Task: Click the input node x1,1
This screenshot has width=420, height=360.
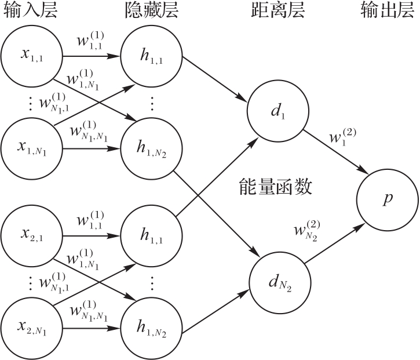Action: [x=32, y=56]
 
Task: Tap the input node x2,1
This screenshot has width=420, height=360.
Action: [x=32, y=236]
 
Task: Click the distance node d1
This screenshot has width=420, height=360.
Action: [x=277, y=110]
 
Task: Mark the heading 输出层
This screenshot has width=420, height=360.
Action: [x=387, y=10]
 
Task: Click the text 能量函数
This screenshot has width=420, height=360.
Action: [x=276, y=186]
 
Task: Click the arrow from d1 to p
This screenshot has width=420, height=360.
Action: [x=336, y=152]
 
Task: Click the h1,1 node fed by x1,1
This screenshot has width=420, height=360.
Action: [x=152, y=56]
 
